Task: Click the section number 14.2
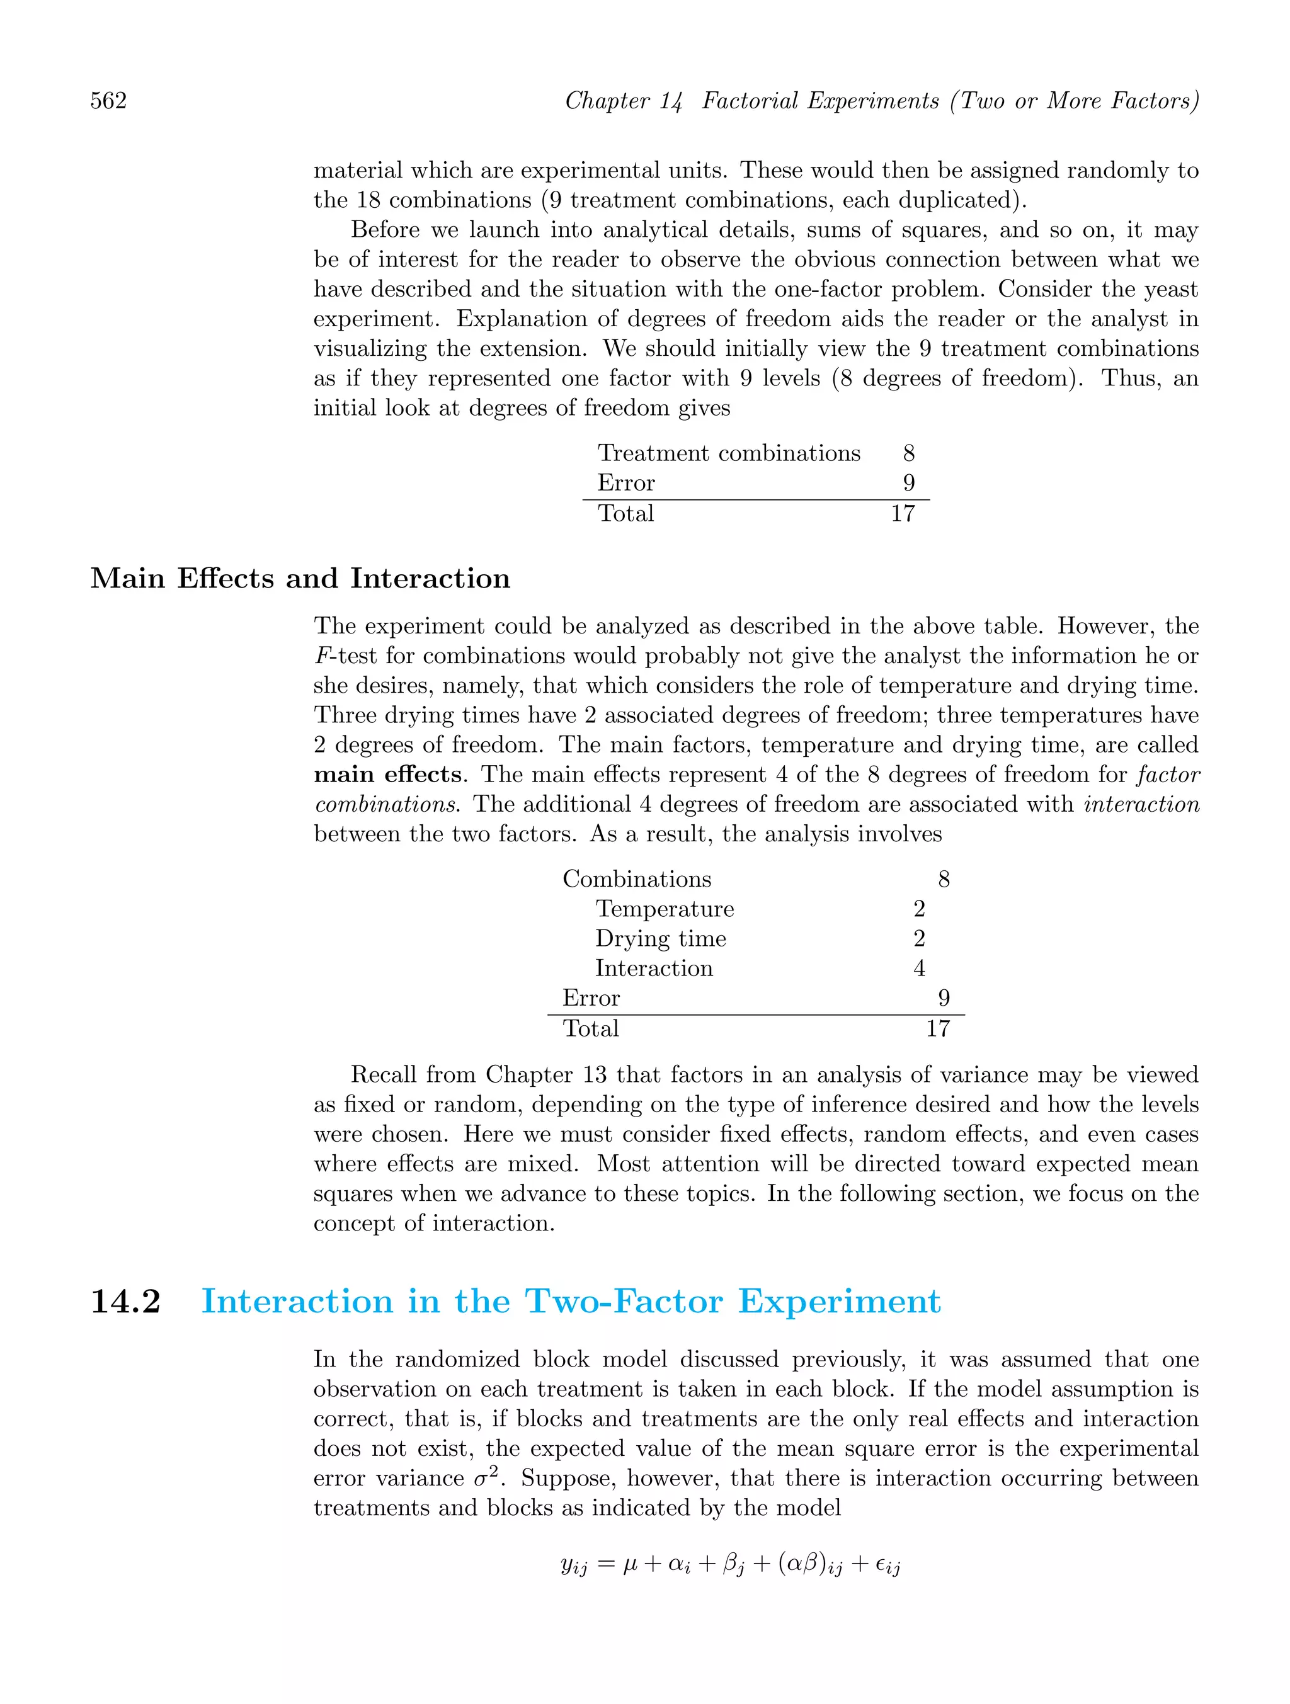click(x=125, y=1301)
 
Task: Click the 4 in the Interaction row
click(x=918, y=968)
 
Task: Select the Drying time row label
click(x=660, y=938)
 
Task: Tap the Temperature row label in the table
click(x=665, y=909)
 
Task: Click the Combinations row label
click(x=637, y=879)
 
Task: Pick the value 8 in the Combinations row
click(x=943, y=879)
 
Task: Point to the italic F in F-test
click(x=322, y=656)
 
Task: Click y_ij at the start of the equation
click(x=574, y=1566)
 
